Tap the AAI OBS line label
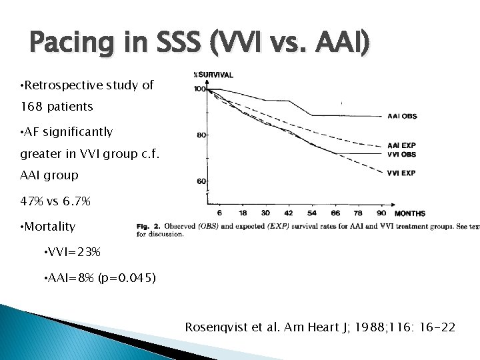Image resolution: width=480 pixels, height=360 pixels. [x=402, y=116]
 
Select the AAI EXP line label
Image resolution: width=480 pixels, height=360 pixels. [x=402, y=145]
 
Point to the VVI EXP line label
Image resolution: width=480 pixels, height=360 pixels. [x=402, y=173]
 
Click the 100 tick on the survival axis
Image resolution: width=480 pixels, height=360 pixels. [x=199, y=89]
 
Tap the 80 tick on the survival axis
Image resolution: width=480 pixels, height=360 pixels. [x=201, y=135]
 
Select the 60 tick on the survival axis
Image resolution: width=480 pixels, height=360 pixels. [x=201, y=181]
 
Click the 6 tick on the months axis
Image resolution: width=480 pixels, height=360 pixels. [x=219, y=213]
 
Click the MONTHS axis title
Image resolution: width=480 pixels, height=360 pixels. [x=410, y=213]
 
